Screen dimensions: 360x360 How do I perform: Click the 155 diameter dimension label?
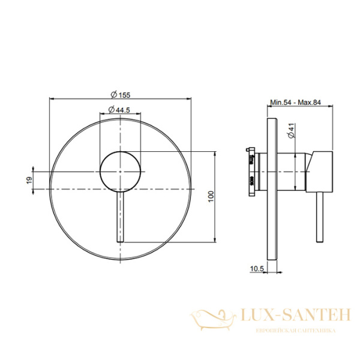click(x=121, y=95)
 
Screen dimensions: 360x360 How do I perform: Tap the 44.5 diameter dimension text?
click(x=119, y=110)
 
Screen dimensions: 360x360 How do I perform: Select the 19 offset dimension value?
click(x=29, y=180)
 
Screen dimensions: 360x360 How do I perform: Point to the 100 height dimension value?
click(x=211, y=196)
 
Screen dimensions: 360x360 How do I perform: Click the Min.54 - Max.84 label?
click(x=295, y=102)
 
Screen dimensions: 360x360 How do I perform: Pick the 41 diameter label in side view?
click(x=291, y=131)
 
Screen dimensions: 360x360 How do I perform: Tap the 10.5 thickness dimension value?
click(x=257, y=268)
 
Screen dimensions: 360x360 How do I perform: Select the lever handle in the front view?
click(x=121, y=217)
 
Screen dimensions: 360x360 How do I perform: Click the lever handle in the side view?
click(x=320, y=217)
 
